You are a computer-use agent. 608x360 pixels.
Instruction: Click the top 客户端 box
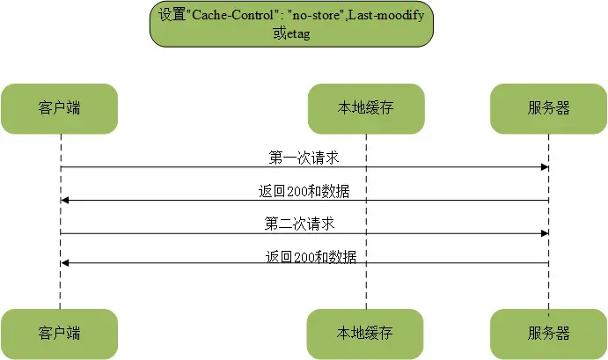60,108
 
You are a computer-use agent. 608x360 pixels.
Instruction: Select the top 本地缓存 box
365,108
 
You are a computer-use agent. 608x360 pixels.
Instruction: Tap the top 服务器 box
549,108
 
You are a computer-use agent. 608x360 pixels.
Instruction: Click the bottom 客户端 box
60,334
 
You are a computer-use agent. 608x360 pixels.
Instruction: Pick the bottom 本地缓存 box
365,334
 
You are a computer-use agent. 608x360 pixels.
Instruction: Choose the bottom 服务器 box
549,334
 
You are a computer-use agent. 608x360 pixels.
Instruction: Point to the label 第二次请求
300,224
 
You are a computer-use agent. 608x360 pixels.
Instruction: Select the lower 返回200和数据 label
311,257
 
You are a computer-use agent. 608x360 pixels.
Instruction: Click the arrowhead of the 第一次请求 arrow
545,167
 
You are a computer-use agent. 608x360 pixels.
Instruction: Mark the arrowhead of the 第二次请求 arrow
545,233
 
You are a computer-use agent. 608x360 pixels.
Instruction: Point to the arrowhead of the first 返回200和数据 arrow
65,200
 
